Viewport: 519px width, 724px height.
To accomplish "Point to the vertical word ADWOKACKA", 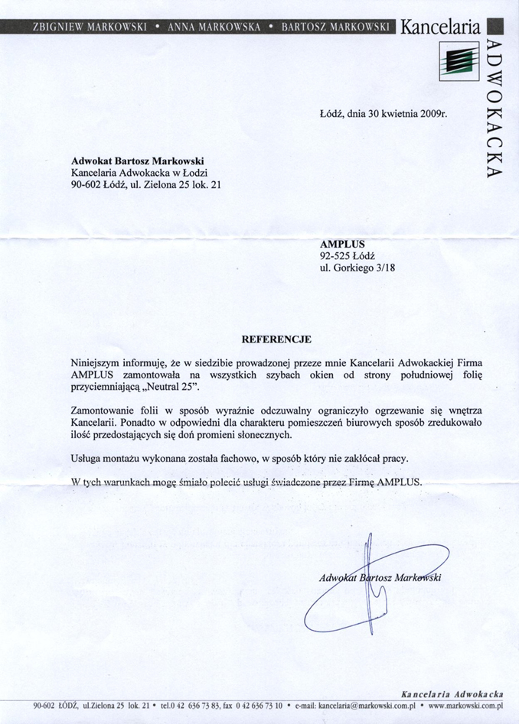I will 494,111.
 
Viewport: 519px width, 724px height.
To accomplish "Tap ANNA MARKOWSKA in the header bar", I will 214,27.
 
